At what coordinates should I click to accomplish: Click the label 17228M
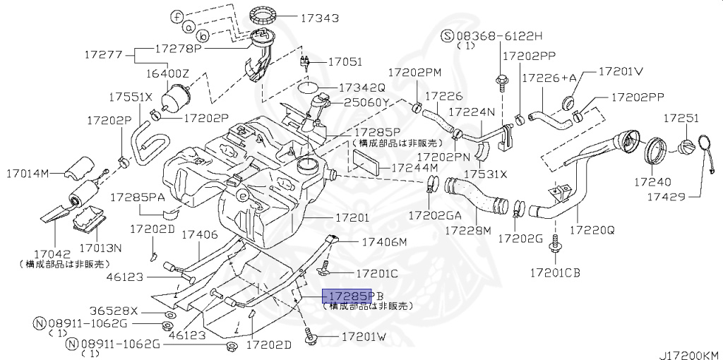click(467, 230)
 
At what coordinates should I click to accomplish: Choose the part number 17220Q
click(592, 230)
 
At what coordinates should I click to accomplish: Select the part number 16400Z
click(168, 73)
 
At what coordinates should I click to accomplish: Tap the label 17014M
click(28, 173)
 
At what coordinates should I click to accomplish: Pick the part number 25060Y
click(366, 102)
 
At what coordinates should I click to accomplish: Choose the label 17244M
click(414, 168)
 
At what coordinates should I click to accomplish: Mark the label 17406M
click(384, 242)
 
